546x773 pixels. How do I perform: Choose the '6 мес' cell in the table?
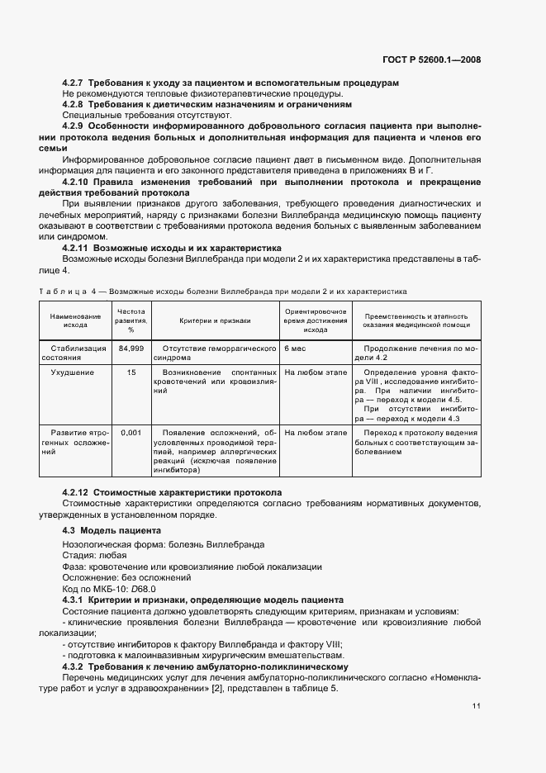coord(295,349)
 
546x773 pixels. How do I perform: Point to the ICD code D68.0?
coord(142,589)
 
